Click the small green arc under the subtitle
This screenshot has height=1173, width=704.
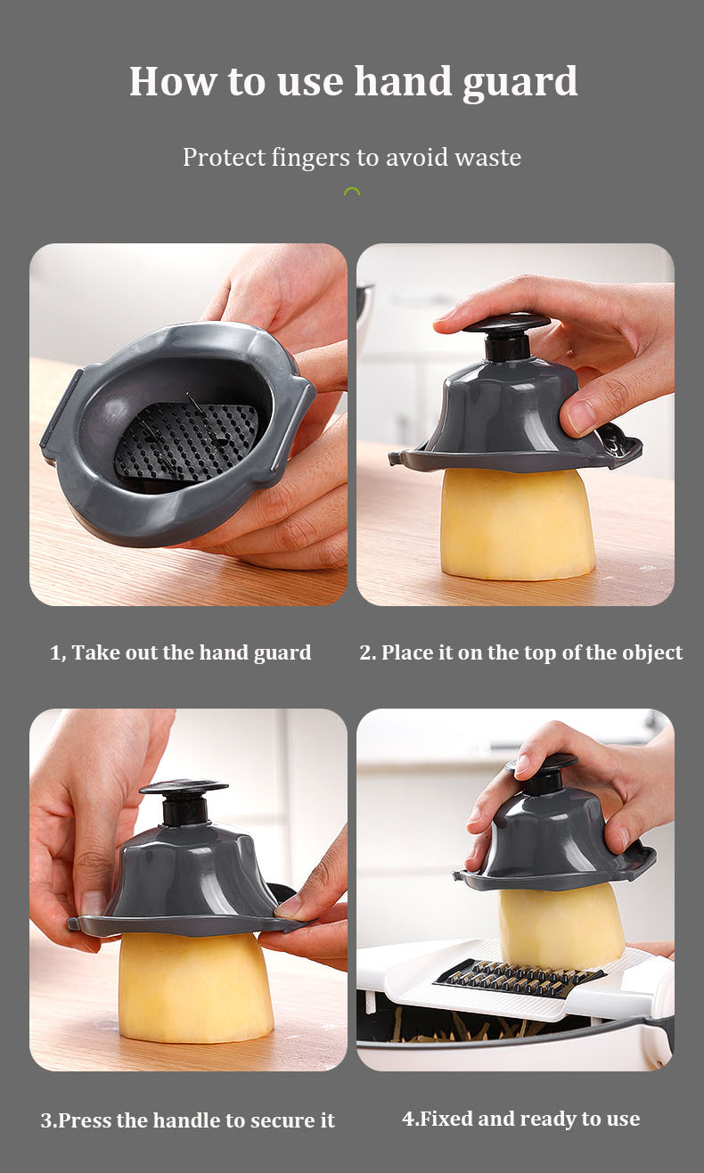(352, 192)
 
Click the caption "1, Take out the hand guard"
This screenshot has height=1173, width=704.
(181, 652)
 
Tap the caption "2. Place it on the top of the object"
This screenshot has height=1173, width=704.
(520, 652)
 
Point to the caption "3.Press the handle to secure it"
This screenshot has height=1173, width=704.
(187, 1120)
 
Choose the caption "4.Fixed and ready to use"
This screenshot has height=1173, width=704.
(520, 1118)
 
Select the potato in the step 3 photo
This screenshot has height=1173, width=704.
(195, 989)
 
